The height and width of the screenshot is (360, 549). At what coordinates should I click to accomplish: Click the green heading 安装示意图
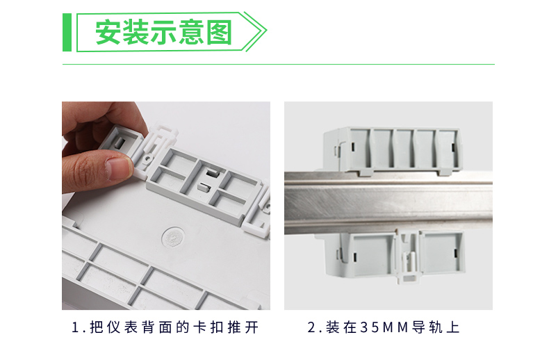click(x=163, y=32)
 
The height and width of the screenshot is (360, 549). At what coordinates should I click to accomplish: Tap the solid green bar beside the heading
click(x=67, y=32)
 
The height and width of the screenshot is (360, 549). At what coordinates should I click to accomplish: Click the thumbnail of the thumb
click(x=119, y=167)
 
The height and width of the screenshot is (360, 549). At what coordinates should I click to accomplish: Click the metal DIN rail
click(x=388, y=202)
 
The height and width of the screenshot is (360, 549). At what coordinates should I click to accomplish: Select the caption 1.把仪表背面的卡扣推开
click(x=165, y=327)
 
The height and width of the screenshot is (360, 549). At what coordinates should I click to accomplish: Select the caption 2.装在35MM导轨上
click(x=384, y=327)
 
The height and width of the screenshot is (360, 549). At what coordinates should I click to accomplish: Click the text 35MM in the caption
click(x=384, y=327)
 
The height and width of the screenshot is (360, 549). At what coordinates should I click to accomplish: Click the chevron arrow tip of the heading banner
click(x=265, y=31)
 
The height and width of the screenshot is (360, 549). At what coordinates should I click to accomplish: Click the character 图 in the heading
click(x=219, y=32)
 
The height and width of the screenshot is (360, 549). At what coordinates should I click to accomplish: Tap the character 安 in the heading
click(x=108, y=32)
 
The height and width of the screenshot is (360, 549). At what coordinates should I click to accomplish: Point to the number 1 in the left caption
click(x=75, y=327)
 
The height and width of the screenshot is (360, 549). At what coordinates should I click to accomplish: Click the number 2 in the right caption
click(x=311, y=327)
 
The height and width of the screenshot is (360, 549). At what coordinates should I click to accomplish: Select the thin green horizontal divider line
click(x=279, y=65)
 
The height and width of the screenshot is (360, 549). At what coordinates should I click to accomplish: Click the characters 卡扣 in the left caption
click(x=208, y=327)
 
